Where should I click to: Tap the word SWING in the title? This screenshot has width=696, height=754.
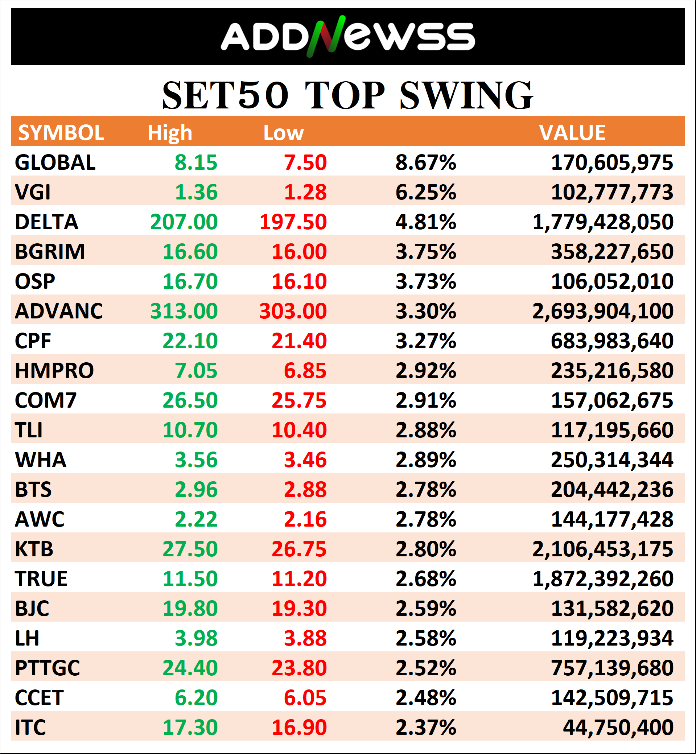pos(466,96)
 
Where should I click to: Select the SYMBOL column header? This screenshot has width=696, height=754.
pos(61,133)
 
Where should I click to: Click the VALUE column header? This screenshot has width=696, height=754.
pos(572,133)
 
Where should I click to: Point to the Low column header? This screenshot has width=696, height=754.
pos(283,133)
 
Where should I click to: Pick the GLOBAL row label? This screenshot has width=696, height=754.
pos(55,163)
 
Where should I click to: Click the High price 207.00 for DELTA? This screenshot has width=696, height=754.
pos(184,222)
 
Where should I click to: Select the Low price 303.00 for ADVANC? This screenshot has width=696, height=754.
pos(293,311)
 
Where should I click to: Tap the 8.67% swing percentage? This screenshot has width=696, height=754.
pos(425,163)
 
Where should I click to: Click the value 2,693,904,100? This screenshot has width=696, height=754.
pos(602,311)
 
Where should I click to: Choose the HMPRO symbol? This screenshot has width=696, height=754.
pos(54,371)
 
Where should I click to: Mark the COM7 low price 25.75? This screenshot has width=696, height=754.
pos(299,400)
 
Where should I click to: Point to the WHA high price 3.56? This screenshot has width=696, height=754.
pos(196,460)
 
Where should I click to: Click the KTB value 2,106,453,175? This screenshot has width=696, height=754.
pos(602,549)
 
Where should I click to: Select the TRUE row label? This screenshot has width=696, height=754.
pos(41,579)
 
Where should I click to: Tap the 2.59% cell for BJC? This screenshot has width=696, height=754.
pos(425,609)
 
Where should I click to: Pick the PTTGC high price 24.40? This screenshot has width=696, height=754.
pos(190,668)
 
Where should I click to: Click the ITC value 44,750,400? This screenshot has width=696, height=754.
pos(618,727)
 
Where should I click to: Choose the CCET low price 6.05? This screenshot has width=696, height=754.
pos(305,698)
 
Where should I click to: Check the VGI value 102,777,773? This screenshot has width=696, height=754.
pos(612,193)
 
